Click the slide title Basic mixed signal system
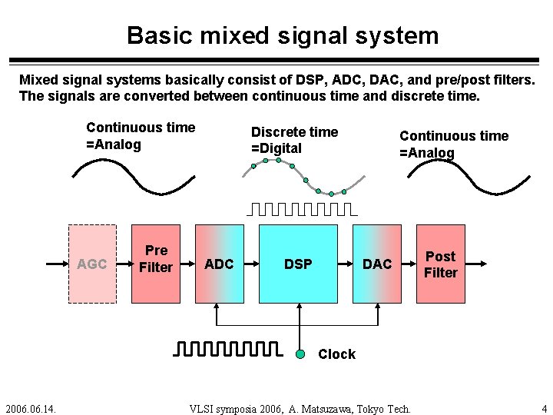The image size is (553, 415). (x=283, y=35)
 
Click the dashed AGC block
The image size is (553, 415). (x=92, y=264)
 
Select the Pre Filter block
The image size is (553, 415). (x=156, y=259)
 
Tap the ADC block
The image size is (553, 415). (x=219, y=264)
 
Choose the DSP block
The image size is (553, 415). (x=298, y=264)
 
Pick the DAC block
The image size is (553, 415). (x=376, y=264)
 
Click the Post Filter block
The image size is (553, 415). (x=440, y=264)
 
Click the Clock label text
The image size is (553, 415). (x=336, y=354)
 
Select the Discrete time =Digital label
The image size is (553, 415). (x=294, y=140)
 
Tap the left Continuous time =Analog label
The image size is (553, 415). (x=141, y=135)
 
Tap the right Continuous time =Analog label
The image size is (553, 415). (x=453, y=144)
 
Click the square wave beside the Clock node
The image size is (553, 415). (x=227, y=350)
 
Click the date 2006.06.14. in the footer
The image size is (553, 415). (x=34, y=408)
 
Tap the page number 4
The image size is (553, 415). (x=543, y=408)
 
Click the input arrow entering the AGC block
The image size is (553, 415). (x=56, y=264)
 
